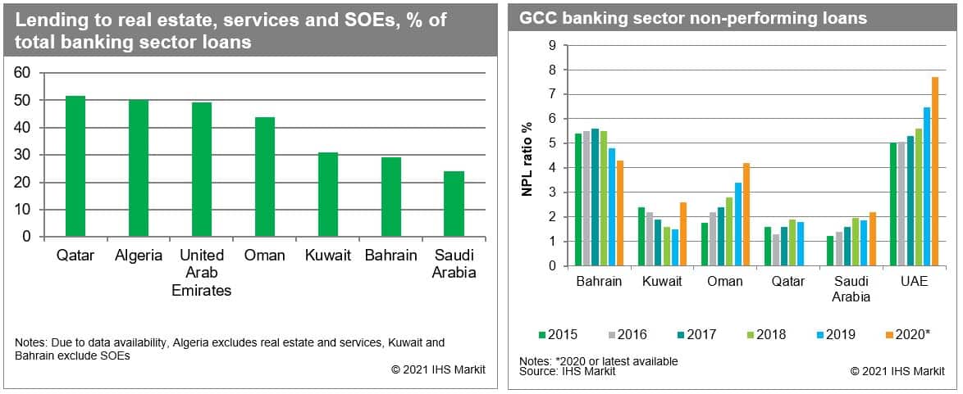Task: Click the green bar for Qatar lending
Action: click(x=75, y=166)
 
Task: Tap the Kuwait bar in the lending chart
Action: click(x=328, y=195)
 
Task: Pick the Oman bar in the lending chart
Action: click(x=265, y=177)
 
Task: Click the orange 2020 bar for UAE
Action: click(x=934, y=171)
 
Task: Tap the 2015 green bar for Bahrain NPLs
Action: click(x=578, y=200)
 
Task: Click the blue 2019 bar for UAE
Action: click(x=927, y=187)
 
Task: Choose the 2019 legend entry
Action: click(x=836, y=334)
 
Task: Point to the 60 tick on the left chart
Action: click(x=23, y=73)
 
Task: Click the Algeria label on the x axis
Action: click(x=139, y=256)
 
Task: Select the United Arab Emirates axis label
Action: click(x=202, y=273)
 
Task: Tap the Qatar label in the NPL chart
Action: click(x=789, y=281)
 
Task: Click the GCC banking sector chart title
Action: click(x=693, y=18)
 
